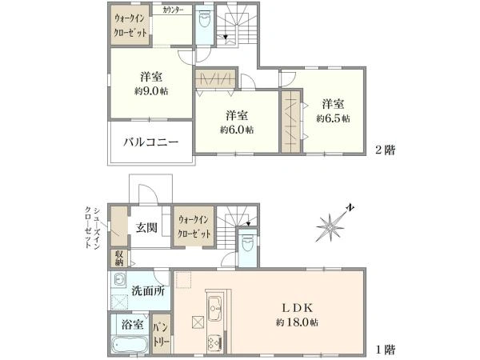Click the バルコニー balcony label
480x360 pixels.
tap(151, 142)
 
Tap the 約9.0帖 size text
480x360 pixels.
tap(151, 91)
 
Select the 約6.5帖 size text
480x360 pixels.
tap(333, 118)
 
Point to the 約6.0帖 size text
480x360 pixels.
tap(237, 130)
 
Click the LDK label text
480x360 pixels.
tap(297, 308)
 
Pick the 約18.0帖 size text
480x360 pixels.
tap(297, 322)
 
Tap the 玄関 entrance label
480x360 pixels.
tap(146, 227)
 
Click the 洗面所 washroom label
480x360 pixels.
tap(149, 291)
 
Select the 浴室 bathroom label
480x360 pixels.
tap(132, 325)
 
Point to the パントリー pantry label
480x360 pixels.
tap(162, 334)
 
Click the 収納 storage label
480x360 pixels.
tap(119, 258)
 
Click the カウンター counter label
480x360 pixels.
tap(173, 10)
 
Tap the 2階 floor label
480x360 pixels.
tap(386, 150)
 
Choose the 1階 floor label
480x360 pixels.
tap(386, 350)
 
